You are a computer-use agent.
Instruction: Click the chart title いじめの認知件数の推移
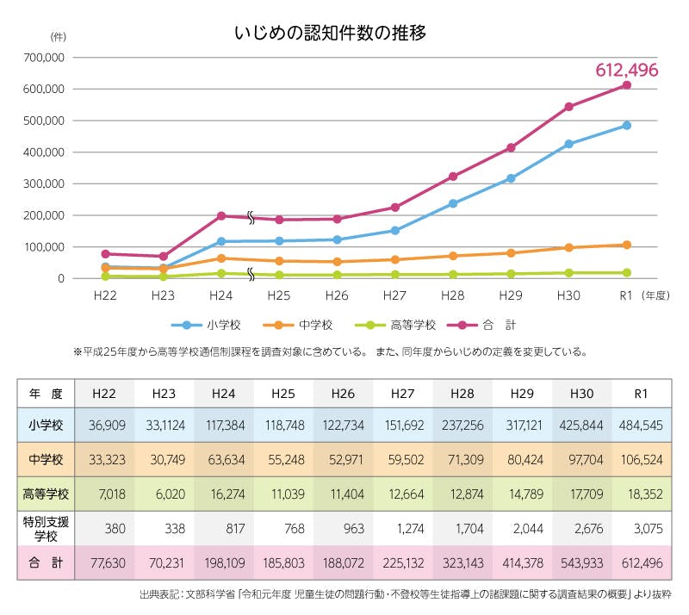click(331, 34)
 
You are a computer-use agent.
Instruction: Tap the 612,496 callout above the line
click(627, 70)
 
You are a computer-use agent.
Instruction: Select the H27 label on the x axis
click(394, 294)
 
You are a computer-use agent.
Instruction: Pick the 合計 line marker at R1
click(627, 84)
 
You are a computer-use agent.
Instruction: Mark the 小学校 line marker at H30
click(568, 144)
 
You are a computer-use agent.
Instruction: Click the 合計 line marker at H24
click(221, 216)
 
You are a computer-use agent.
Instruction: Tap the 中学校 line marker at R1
click(627, 245)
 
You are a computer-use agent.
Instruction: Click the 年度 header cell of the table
click(46, 393)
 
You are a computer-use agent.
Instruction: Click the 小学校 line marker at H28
click(452, 204)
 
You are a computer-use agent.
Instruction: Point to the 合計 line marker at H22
click(105, 254)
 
